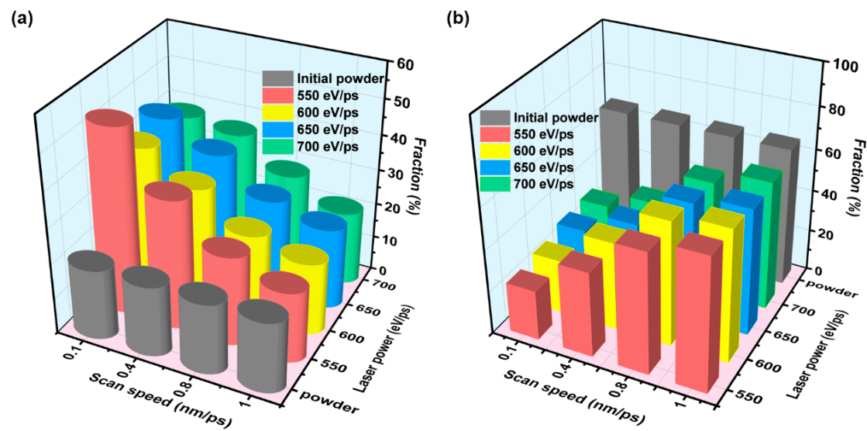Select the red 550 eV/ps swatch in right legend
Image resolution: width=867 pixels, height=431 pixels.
point(494,134)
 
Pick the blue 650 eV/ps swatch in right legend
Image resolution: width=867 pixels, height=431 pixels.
point(494,167)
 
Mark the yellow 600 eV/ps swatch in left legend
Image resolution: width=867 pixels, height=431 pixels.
point(277,112)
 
